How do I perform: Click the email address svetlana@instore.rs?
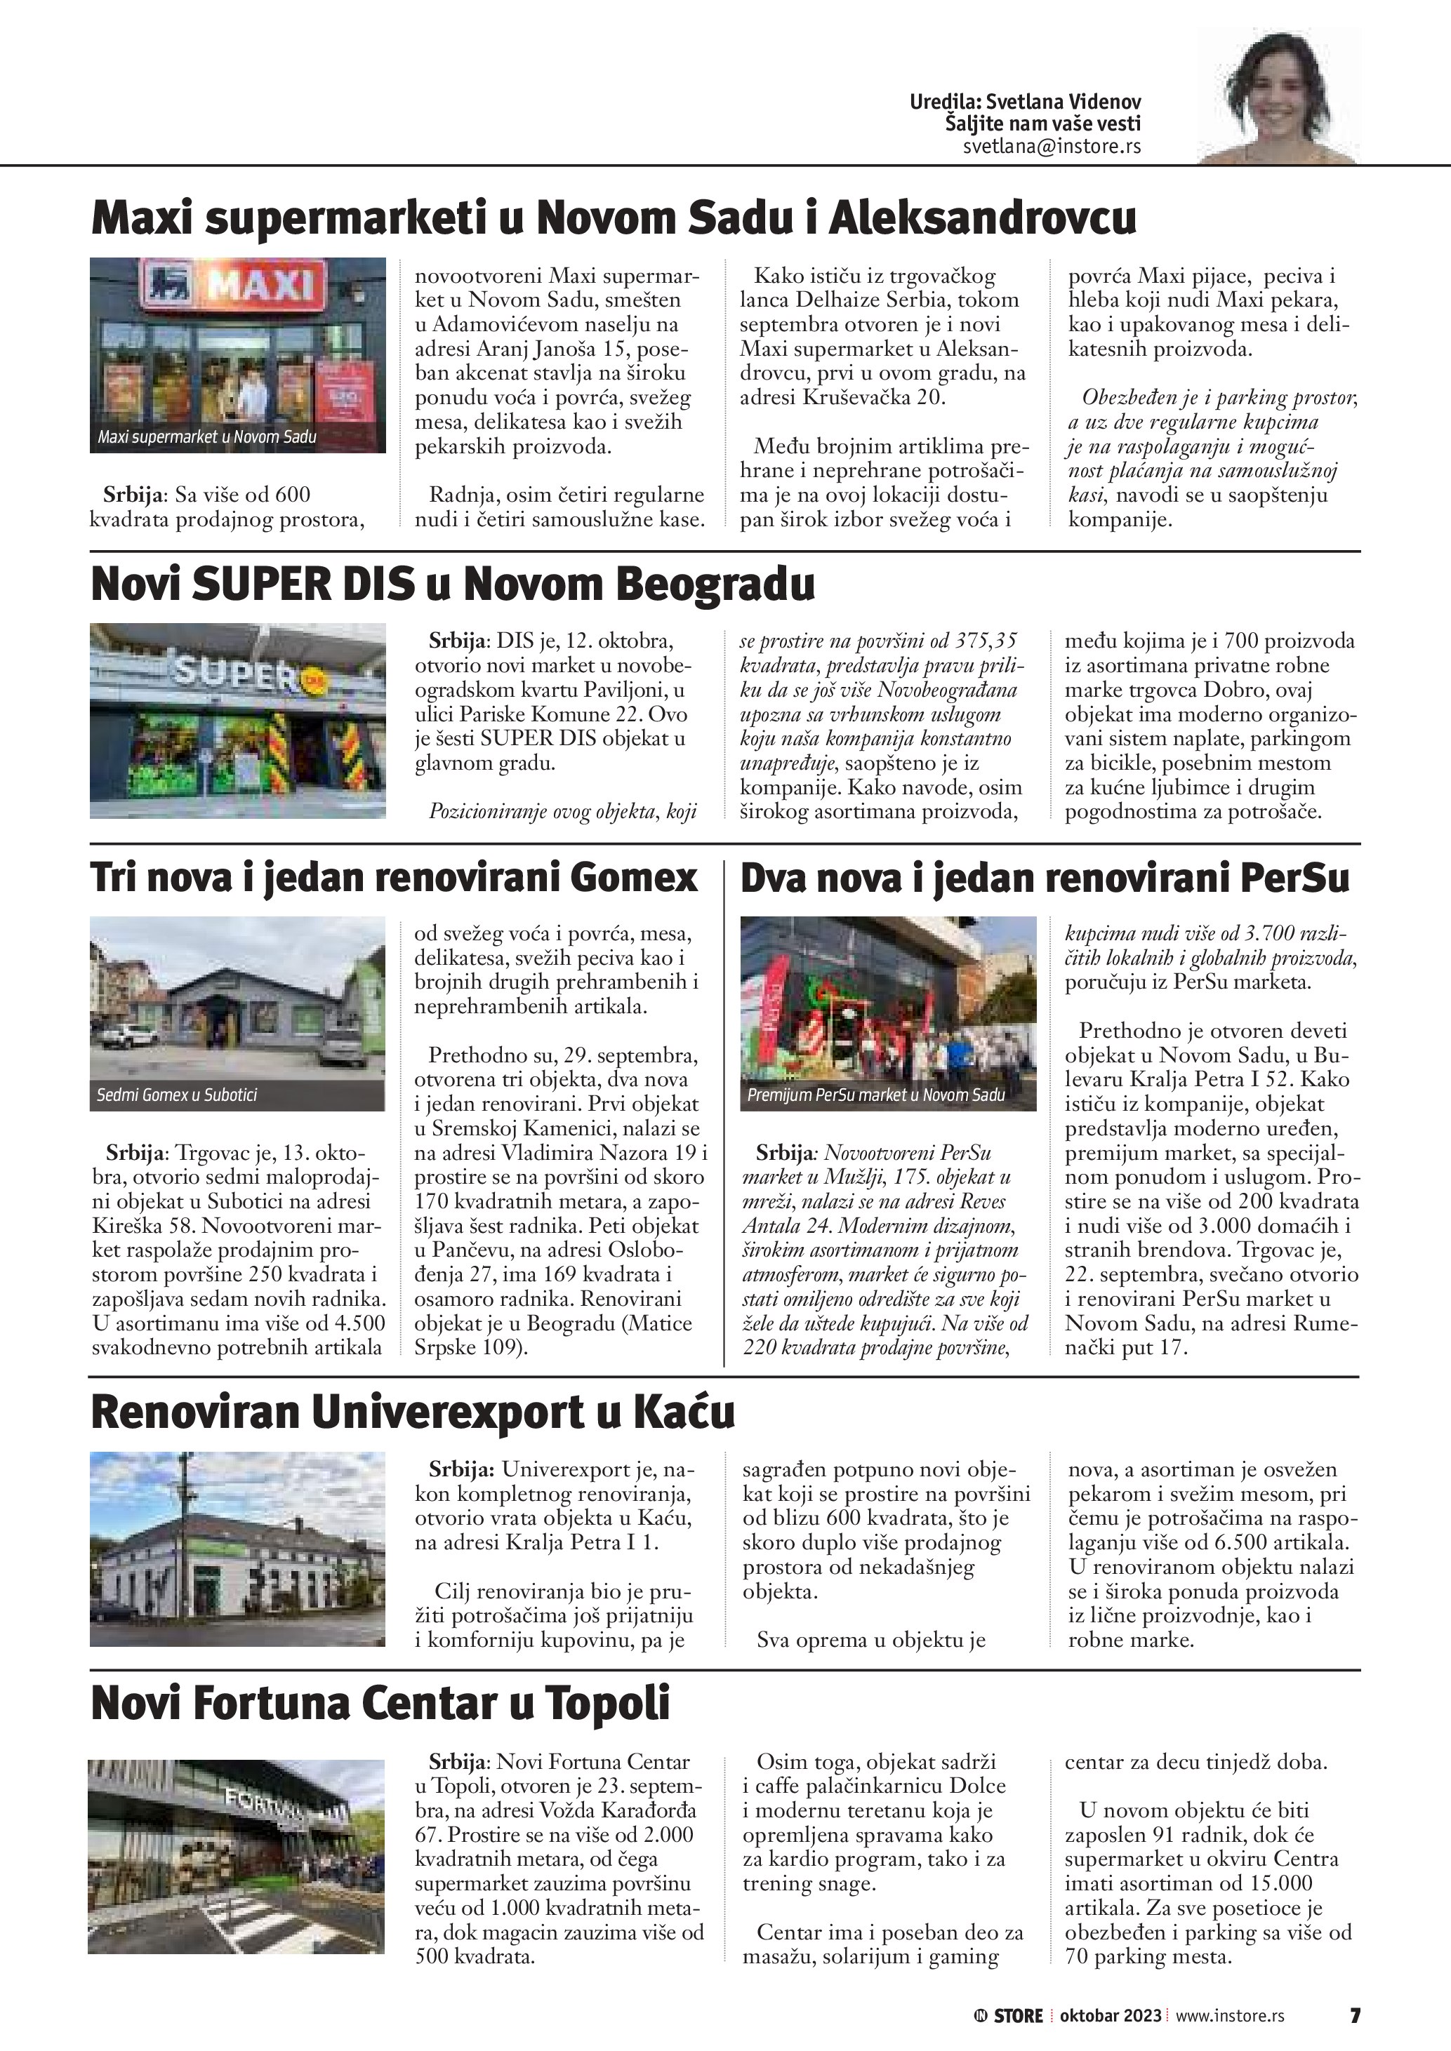[1051, 147]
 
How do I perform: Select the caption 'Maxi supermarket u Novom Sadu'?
[206, 438]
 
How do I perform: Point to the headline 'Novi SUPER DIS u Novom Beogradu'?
[453, 584]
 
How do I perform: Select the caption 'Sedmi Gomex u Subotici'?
[176, 1095]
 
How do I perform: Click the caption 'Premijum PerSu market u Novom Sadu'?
[875, 1095]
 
